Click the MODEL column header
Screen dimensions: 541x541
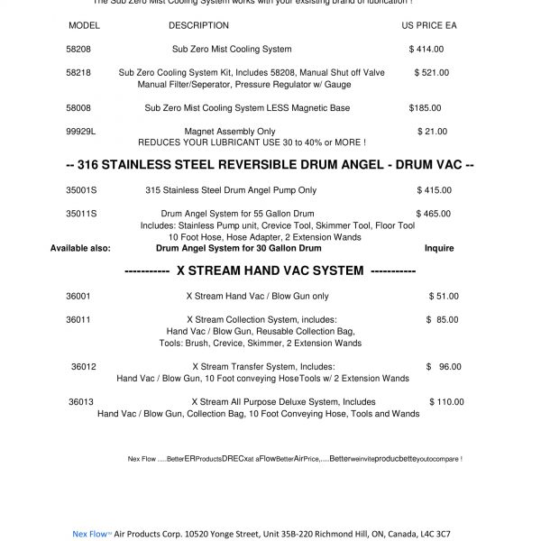[x=84, y=25]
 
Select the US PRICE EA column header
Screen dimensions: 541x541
[x=428, y=25]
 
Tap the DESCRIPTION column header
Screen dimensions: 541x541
[x=198, y=25]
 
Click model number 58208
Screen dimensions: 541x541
[x=78, y=49]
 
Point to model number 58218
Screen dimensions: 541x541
[x=78, y=72]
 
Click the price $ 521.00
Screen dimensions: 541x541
[x=431, y=72]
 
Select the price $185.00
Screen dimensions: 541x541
[x=425, y=108]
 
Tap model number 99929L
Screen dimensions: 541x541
[x=81, y=132]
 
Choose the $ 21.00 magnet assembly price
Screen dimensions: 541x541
[x=432, y=132]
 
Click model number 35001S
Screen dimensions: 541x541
[x=81, y=190]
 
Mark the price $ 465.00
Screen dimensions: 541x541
[x=434, y=214]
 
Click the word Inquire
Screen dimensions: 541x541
[x=439, y=248]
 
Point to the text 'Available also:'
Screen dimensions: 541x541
[x=80, y=248]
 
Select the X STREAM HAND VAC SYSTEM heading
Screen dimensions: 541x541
[x=270, y=270]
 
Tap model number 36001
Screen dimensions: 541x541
[x=78, y=296]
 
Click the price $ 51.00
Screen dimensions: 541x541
[x=443, y=296]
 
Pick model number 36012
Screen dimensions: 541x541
[x=84, y=367]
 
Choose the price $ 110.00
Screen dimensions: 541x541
[x=445, y=402]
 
